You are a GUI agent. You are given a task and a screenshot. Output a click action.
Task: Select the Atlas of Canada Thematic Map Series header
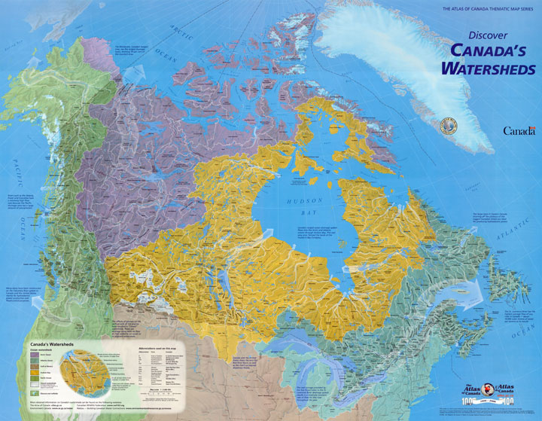(x=483, y=7)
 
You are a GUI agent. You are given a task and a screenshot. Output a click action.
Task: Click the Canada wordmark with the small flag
(x=519, y=130)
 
